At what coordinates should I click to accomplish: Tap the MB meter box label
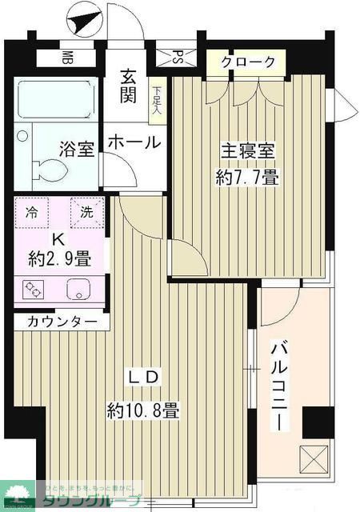tap(69, 58)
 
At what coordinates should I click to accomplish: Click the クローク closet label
tap(248, 62)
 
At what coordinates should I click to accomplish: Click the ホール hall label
tap(134, 142)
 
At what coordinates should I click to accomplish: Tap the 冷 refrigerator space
tap(32, 212)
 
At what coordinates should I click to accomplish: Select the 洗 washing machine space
tap(86, 212)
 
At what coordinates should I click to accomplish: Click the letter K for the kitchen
tap(58, 239)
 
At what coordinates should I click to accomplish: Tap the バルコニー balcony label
tap(279, 386)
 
